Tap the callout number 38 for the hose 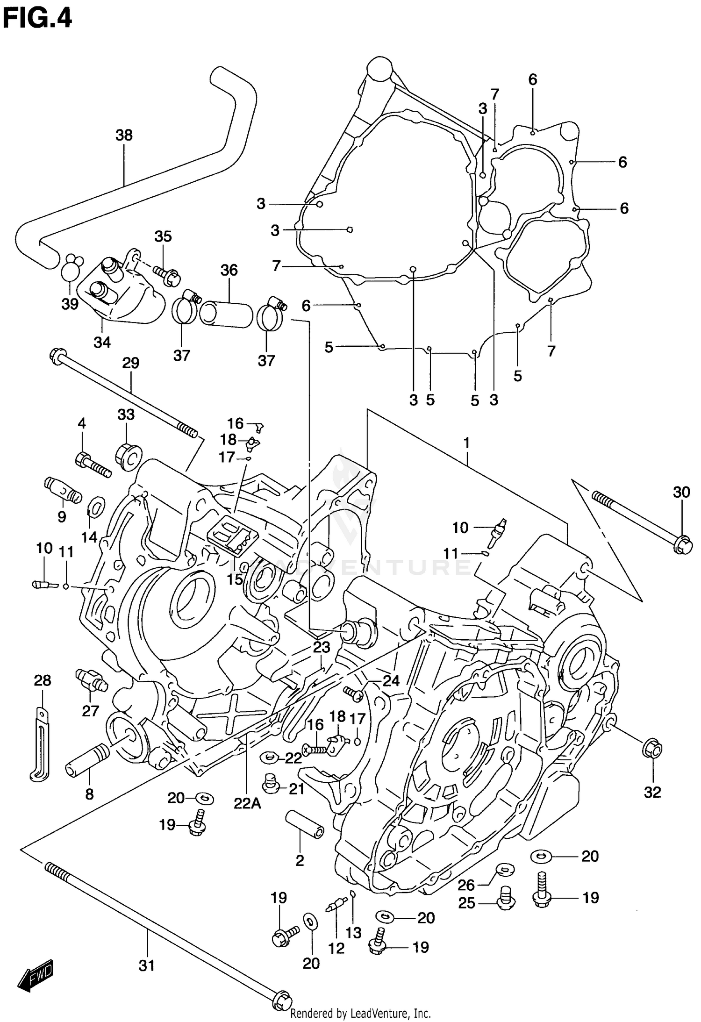point(124,136)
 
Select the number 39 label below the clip point(70,304)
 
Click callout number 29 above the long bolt point(131,363)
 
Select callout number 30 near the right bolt point(681,492)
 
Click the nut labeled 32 point(653,750)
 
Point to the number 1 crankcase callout point(466,443)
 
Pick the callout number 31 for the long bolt point(147,965)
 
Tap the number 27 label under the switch point(91,711)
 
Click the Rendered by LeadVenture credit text point(360,1013)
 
